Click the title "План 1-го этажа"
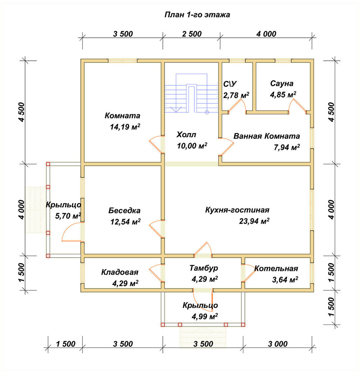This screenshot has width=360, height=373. (x=197, y=15)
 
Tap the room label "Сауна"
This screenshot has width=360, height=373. (x=282, y=84)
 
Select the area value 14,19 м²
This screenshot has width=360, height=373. (x=125, y=127)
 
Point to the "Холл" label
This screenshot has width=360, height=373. (x=186, y=135)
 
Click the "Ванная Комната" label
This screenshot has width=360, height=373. (x=266, y=136)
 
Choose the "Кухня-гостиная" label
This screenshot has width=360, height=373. (x=237, y=210)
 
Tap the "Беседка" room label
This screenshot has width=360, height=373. (x=125, y=210)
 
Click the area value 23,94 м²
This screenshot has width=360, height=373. (x=254, y=221)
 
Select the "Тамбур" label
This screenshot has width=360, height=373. (x=204, y=268)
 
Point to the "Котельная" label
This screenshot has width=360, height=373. (x=276, y=268)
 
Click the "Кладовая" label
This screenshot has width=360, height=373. (x=120, y=272)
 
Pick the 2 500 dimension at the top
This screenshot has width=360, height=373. (x=192, y=34)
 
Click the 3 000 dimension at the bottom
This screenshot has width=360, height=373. (x=278, y=344)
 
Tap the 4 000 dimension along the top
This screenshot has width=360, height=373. (x=266, y=34)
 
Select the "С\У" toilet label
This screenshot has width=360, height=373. (x=230, y=84)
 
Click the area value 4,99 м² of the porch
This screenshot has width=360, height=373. (x=205, y=317)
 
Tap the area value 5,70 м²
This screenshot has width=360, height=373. (x=68, y=216)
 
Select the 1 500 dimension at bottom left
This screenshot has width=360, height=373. (x=66, y=344)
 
